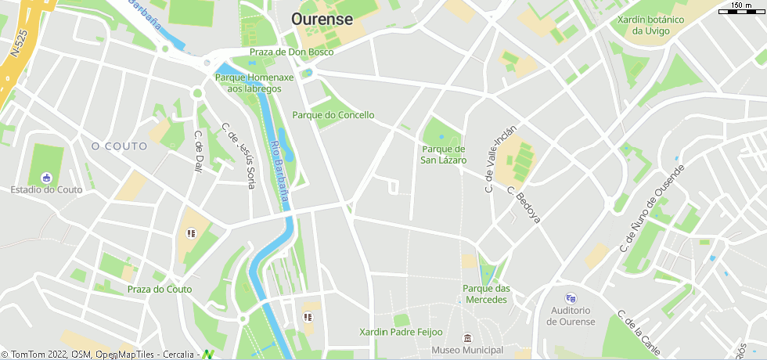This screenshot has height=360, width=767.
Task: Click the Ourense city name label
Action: click(x=322, y=19)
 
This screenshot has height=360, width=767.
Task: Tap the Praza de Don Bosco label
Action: click(x=291, y=52)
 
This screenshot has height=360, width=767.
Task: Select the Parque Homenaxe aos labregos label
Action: click(x=254, y=83)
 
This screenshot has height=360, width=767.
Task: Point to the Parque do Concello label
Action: click(x=333, y=115)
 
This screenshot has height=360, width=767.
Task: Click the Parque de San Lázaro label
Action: click(x=444, y=154)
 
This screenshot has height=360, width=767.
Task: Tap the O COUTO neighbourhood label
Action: click(x=119, y=146)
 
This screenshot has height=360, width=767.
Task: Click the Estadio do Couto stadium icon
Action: click(x=45, y=177)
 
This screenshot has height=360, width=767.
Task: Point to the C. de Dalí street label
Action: click(x=199, y=151)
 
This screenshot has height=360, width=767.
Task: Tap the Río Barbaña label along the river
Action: click(x=279, y=172)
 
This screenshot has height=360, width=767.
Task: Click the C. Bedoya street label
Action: click(x=524, y=204)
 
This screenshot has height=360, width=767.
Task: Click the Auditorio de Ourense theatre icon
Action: click(x=571, y=298)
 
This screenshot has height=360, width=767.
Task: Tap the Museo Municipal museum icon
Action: click(x=467, y=338)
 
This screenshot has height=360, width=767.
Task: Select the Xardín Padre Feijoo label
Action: click(x=401, y=332)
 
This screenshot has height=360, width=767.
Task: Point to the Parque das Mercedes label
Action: click(x=486, y=294)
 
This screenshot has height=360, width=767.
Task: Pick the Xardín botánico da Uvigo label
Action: click(x=650, y=25)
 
